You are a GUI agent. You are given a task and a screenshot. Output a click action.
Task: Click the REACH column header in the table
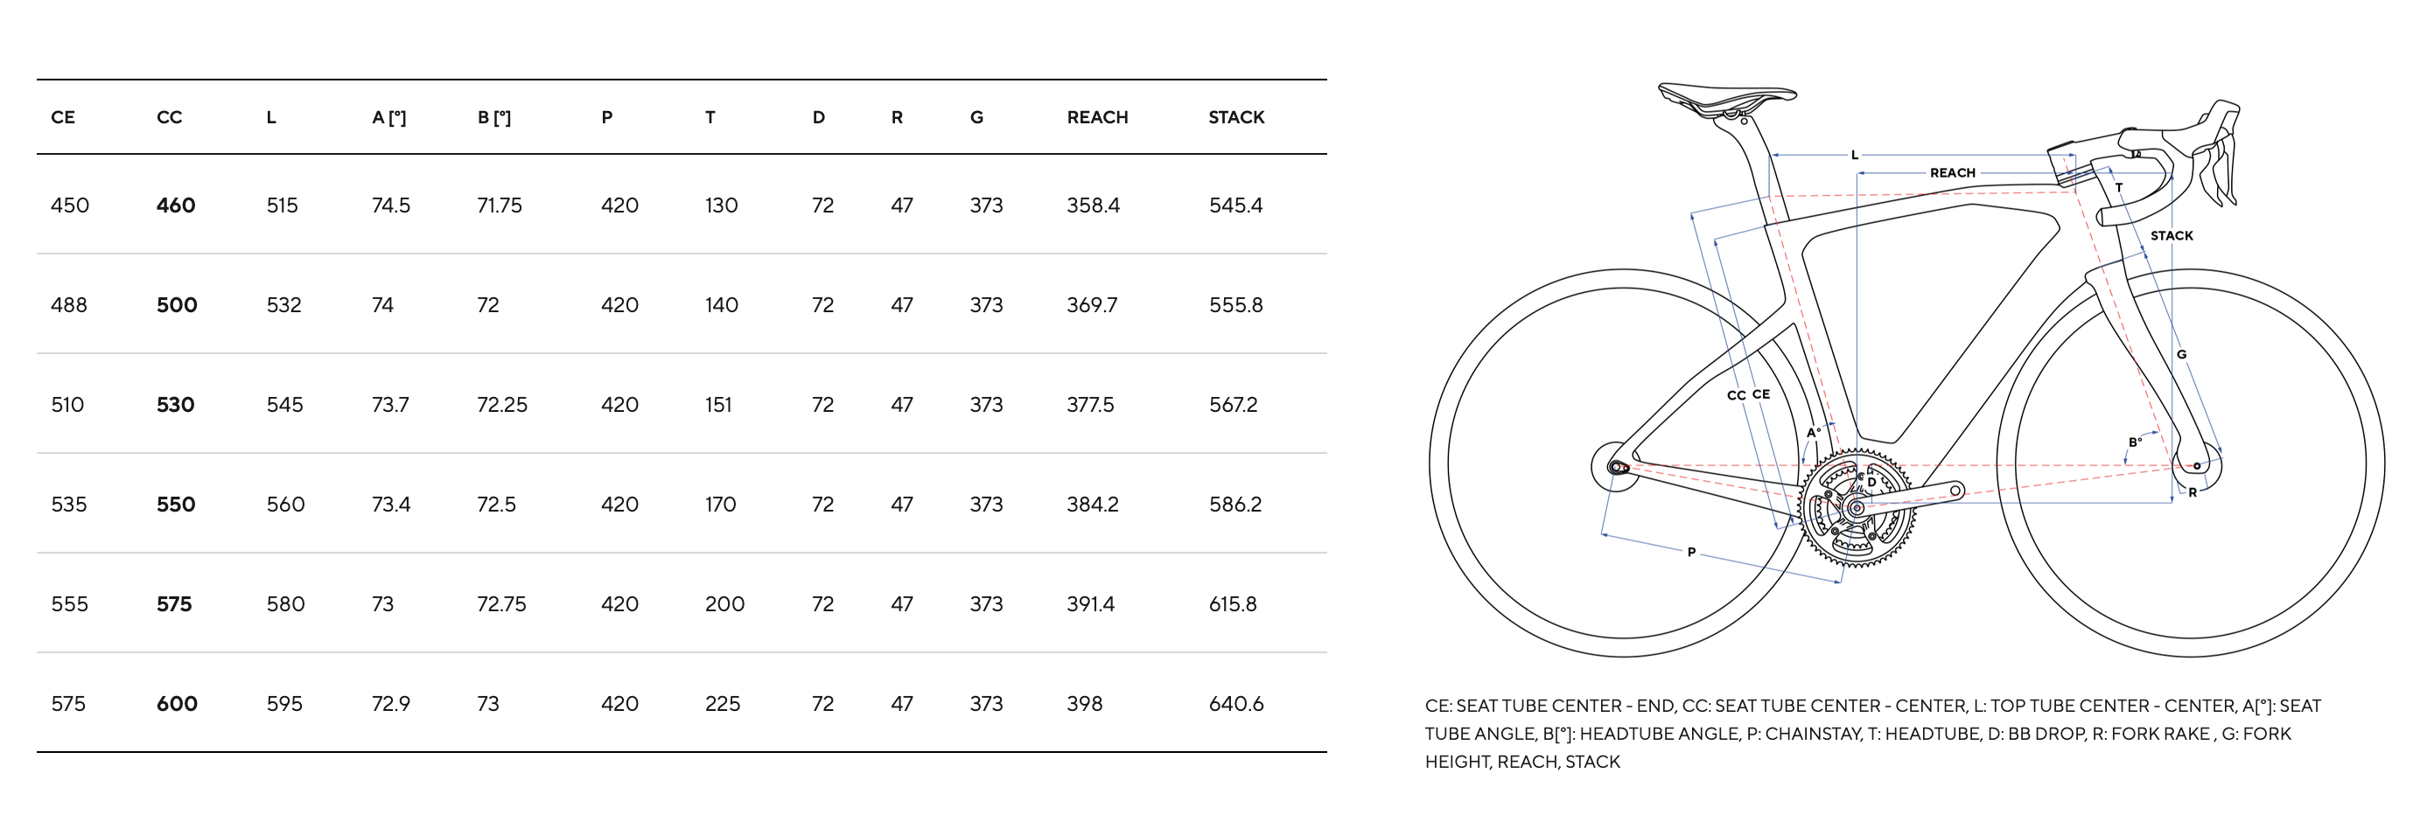click(x=1096, y=118)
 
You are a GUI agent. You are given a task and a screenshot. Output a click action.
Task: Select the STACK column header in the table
click(x=1236, y=118)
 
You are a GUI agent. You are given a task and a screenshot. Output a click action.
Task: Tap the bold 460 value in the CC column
click(x=176, y=205)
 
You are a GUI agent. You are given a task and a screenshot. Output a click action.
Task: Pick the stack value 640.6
click(x=1236, y=704)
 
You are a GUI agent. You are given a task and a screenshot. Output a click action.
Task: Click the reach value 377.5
click(x=1090, y=405)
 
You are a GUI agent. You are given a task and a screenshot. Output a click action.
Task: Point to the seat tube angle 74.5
click(x=391, y=205)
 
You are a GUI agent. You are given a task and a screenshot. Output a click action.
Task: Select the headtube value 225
click(x=723, y=704)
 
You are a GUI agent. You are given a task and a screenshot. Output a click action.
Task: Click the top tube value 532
click(x=283, y=305)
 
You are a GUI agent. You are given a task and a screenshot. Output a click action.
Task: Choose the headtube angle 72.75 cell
click(x=501, y=604)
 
